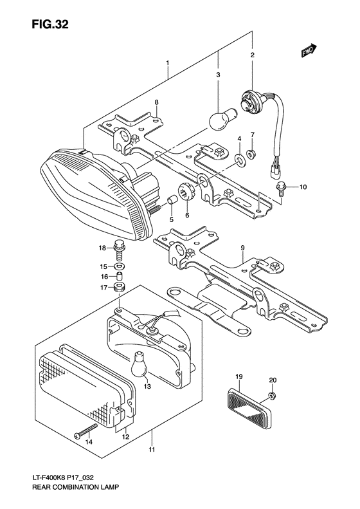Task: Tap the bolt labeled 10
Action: click(282, 188)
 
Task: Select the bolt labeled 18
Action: click(118, 246)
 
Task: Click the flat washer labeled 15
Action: click(118, 266)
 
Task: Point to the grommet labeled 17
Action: click(118, 287)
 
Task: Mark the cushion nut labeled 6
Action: click(188, 190)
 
